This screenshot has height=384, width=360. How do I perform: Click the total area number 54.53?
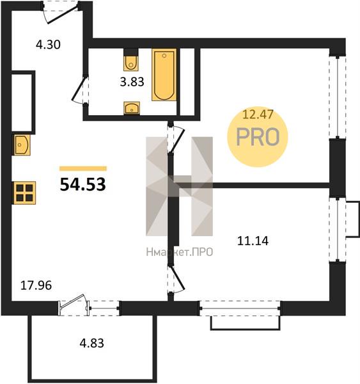click(82, 184)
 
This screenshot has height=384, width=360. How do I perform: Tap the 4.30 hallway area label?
click(48, 45)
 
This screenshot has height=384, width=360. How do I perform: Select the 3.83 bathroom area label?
click(132, 82)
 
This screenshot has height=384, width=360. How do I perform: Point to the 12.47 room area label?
click(258, 115)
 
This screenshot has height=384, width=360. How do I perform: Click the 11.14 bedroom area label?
click(253, 241)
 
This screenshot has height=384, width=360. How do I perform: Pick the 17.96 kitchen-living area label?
click(36, 285)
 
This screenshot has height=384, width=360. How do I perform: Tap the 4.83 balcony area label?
click(92, 343)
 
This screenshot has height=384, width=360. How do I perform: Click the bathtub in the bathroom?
click(164, 75)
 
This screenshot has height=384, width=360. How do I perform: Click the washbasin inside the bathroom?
click(132, 108)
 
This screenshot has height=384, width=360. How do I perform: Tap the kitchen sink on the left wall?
click(22, 145)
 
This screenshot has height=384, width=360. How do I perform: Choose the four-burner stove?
click(24, 193)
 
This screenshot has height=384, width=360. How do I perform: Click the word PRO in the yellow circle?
click(258, 137)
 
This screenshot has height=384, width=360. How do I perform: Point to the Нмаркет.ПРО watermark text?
click(180, 252)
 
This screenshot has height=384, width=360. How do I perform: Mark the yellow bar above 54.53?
click(83, 168)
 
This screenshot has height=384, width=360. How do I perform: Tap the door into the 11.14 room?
click(176, 279)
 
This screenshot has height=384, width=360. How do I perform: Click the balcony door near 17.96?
click(74, 303)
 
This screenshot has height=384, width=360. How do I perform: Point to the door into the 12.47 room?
click(176, 139)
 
